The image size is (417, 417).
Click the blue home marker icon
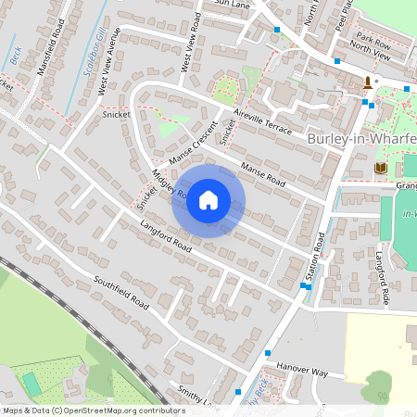coord(208,200)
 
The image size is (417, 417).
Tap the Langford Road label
coord(166,237)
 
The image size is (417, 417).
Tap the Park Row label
coord(374,41)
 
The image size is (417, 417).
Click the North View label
coord(370,55)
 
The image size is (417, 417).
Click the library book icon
coord(380,169)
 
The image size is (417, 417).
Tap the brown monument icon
coord(369,83)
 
